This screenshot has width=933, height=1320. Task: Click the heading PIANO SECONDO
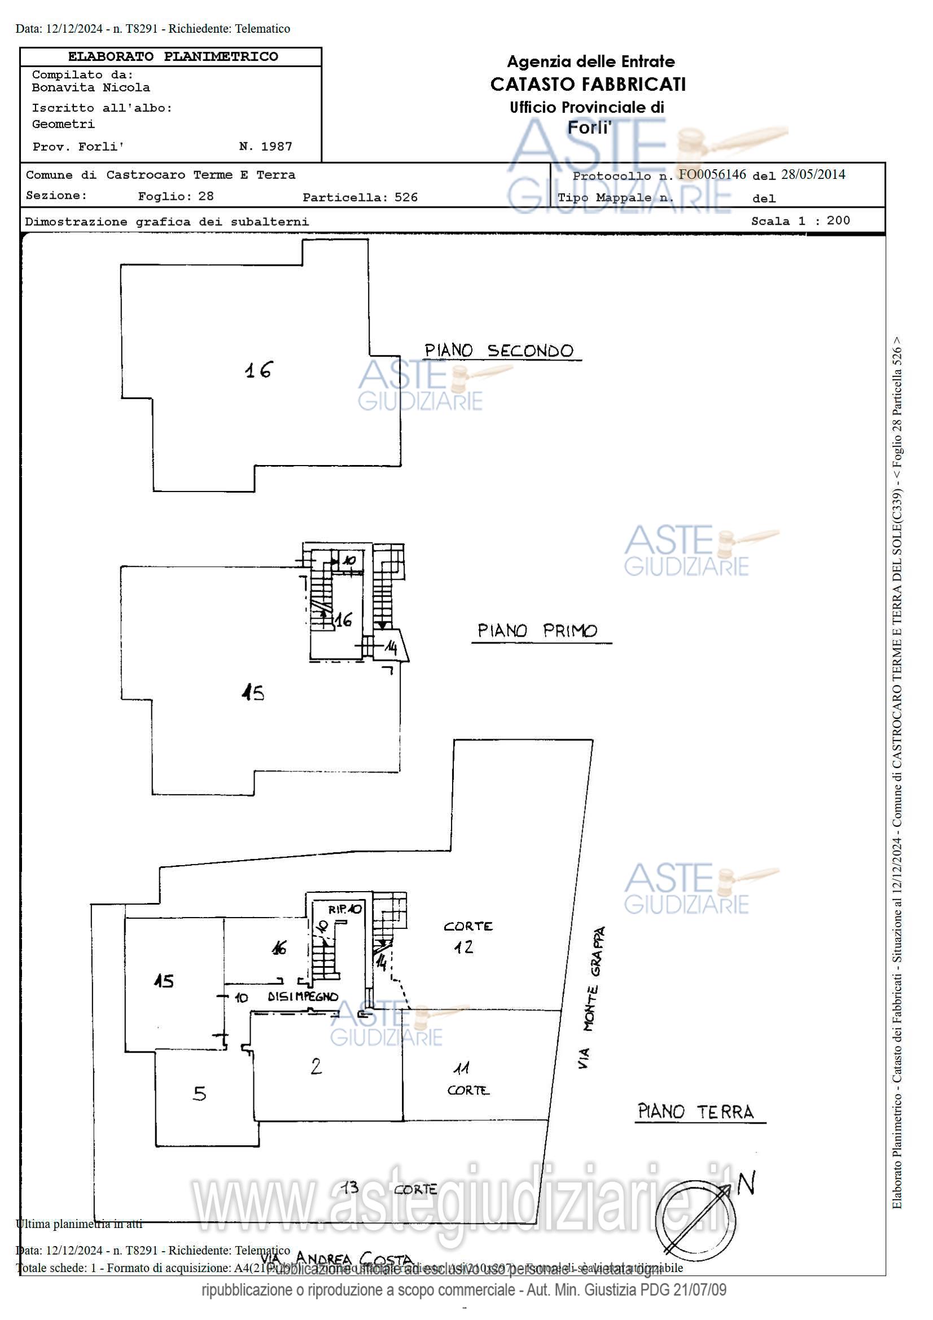[x=498, y=350]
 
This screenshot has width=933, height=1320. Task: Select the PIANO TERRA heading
[x=695, y=1111]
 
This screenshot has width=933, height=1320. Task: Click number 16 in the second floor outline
[x=258, y=370]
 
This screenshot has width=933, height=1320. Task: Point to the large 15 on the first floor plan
[x=253, y=693]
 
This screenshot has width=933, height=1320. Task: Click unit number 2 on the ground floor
[x=316, y=1067]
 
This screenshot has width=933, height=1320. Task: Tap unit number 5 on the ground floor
[x=199, y=1093]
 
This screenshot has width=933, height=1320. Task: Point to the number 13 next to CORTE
[x=348, y=1187]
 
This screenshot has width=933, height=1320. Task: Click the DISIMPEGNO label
[x=303, y=997]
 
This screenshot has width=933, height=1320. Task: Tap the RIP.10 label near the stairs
[x=345, y=909]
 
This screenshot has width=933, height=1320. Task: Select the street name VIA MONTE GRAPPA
[x=592, y=997]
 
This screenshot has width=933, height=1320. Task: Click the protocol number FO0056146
[x=712, y=174]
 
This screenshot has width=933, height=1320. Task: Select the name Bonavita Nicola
[x=91, y=88]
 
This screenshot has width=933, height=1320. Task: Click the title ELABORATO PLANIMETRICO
[x=173, y=56]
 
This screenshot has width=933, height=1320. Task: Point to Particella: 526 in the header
[x=360, y=197]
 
